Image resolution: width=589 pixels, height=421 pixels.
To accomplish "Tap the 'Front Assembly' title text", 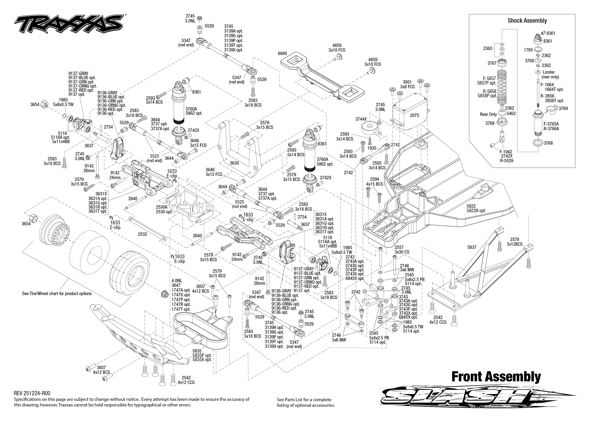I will (496, 377).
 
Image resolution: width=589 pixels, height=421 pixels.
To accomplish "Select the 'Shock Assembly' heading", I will (527, 21).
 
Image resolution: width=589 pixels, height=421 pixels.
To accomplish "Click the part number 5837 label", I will (472, 247).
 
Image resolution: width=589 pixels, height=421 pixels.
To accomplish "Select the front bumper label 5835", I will (197, 351).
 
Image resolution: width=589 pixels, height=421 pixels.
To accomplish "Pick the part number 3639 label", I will (234, 163).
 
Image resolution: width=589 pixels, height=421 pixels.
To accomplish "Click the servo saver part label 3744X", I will (361, 119).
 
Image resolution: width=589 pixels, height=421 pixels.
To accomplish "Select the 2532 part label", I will (142, 234).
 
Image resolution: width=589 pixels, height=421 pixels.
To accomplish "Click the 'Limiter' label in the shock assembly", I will (549, 72).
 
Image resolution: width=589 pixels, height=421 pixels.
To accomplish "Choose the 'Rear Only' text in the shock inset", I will (488, 114).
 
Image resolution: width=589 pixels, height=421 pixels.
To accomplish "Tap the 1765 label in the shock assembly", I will (528, 50).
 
